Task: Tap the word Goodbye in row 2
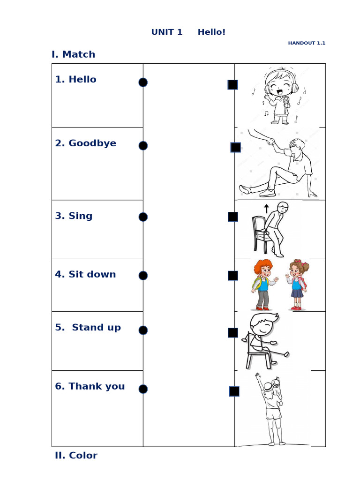(x=92, y=143)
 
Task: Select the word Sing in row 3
(x=81, y=216)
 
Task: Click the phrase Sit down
(x=92, y=275)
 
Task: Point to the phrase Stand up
(x=96, y=328)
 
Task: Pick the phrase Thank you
(x=97, y=387)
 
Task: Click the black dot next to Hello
(x=143, y=82)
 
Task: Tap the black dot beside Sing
(x=143, y=217)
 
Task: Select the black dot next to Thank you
(x=143, y=389)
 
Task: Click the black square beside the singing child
(x=232, y=85)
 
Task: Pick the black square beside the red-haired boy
(x=233, y=276)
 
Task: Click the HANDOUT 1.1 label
(x=307, y=43)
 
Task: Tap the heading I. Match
(x=73, y=54)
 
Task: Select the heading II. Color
(x=76, y=456)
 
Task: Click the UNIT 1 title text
(x=167, y=32)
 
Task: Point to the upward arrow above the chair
(x=266, y=209)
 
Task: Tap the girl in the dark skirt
(x=297, y=285)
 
